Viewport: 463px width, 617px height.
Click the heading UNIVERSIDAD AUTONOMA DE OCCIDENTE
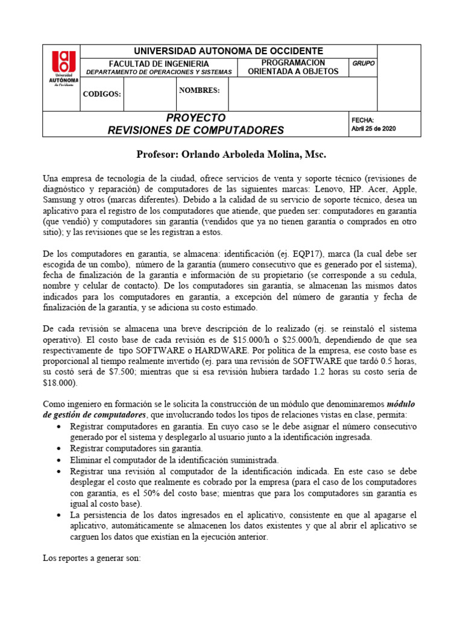(228, 51)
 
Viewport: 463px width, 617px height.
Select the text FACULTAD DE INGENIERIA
(159, 64)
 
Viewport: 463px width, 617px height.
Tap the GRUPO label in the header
(363, 63)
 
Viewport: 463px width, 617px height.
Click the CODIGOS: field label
(102, 95)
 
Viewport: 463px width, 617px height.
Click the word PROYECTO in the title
(195, 117)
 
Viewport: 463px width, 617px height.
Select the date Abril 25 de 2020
(374, 129)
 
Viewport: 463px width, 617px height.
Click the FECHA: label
(362, 121)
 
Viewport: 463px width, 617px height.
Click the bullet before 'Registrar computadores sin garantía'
(57, 449)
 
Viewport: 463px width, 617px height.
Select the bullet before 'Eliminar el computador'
(57, 460)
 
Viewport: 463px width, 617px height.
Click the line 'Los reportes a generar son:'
(92, 558)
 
